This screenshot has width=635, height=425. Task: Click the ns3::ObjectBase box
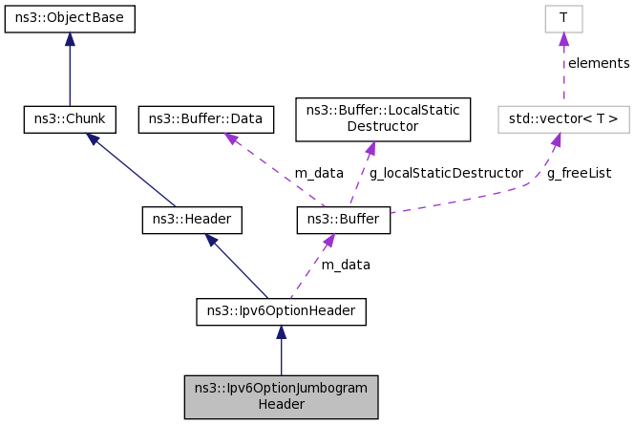[70, 18]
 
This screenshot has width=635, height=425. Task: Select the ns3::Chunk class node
[70, 119]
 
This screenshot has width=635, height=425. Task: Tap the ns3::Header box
[192, 221]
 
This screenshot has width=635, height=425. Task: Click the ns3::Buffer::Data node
[206, 119]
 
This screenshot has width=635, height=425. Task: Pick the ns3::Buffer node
[344, 221]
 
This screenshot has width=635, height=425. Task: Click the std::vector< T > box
[563, 119]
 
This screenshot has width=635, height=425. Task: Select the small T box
[563, 18]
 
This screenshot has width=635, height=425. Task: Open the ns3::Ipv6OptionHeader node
[281, 311]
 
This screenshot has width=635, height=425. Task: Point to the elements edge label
[599, 64]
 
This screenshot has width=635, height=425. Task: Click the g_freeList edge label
[580, 173]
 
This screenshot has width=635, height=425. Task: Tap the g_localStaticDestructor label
[447, 173]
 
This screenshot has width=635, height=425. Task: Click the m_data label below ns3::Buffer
[346, 265]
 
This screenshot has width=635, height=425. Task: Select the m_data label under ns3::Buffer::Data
[318, 173]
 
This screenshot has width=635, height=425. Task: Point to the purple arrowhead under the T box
[563, 39]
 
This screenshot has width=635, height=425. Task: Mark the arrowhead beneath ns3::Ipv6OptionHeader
[281, 332]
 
